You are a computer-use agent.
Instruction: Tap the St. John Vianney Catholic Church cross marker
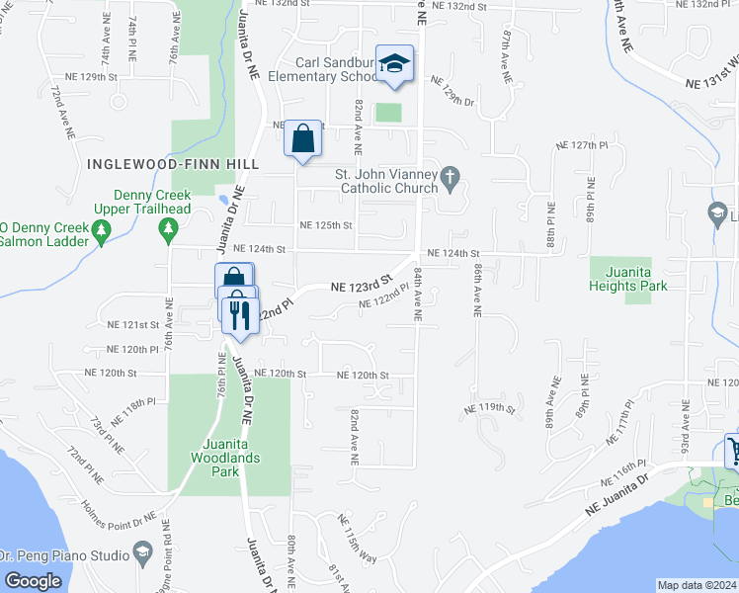coord(451,179)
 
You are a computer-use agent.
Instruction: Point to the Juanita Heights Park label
coord(627,286)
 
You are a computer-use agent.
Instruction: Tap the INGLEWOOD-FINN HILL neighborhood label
coord(173,163)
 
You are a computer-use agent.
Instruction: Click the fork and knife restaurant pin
coord(238,314)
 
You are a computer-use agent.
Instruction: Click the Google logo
coord(33,581)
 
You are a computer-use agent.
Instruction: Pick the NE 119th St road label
coord(490,407)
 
